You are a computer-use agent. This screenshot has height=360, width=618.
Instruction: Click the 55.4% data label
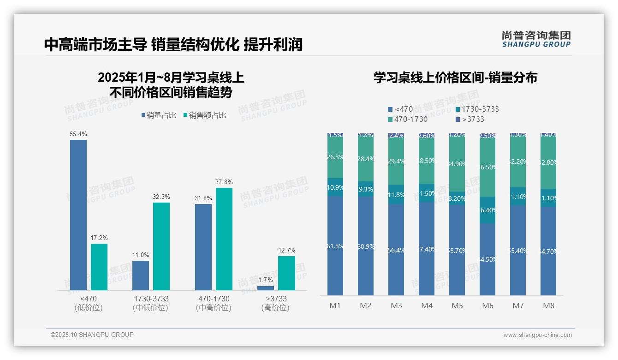(x=78, y=134)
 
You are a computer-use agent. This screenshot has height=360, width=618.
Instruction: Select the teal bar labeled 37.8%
(x=224, y=239)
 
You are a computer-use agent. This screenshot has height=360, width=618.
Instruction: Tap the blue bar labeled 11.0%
(x=141, y=276)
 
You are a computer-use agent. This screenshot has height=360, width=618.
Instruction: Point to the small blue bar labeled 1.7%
(x=266, y=288)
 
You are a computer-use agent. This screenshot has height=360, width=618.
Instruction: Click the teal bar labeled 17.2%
(x=99, y=267)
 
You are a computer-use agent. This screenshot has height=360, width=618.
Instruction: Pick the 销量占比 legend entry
(x=159, y=115)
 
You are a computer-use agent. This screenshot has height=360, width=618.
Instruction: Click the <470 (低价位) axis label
(x=88, y=303)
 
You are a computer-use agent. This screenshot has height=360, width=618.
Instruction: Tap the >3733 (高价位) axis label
(x=276, y=303)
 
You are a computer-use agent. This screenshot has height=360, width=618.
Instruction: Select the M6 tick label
(x=487, y=306)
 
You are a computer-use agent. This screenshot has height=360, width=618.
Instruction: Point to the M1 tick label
(x=334, y=306)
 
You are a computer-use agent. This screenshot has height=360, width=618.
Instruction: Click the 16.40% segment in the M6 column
(x=487, y=210)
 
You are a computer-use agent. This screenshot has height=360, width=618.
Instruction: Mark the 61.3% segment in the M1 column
(x=335, y=246)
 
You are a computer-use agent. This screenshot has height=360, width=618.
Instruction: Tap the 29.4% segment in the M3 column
(x=396, y=162)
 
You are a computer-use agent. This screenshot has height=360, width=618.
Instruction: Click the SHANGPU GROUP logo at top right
(x=536, y=39)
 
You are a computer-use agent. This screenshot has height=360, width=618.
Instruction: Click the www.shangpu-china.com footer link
(x=537, y=335)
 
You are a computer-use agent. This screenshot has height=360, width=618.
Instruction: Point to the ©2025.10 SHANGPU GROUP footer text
(x=92, y=335)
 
